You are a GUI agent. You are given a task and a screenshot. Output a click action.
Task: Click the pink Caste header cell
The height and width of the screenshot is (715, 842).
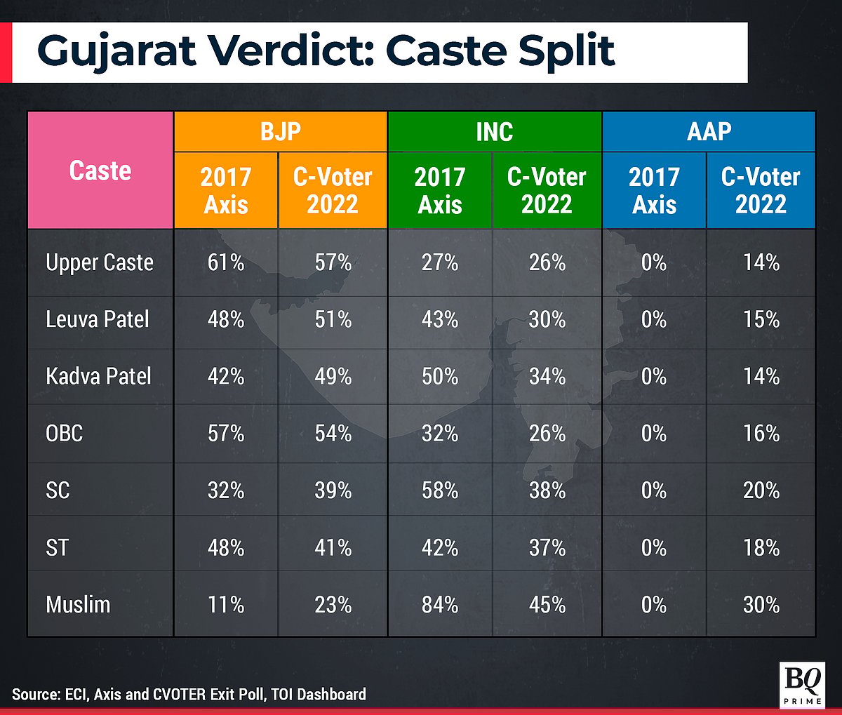[100, 171]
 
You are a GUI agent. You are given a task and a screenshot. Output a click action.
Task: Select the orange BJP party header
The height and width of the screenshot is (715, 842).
[281, 132]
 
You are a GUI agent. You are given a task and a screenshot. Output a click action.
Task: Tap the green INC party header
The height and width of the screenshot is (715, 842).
[495, 132]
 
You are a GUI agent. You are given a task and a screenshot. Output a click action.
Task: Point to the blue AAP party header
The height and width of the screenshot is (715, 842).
[709, 132]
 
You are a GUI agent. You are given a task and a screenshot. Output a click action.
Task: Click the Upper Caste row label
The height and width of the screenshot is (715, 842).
[100, 262]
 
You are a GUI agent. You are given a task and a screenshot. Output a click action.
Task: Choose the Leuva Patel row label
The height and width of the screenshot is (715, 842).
[98, 319]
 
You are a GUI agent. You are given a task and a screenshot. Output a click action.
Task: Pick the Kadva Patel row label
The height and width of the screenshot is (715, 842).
[98, 376]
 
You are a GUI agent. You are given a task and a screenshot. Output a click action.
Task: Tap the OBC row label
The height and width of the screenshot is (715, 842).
[65, 433]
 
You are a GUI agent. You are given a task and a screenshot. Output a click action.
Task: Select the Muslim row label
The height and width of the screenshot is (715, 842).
[78, 604]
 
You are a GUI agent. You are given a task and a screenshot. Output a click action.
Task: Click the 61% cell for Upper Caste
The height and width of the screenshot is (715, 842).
[226, 262]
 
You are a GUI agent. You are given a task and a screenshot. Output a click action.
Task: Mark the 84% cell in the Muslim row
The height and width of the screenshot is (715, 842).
[440, 604]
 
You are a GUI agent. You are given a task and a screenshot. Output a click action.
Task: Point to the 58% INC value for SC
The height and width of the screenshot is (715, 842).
[440, 490]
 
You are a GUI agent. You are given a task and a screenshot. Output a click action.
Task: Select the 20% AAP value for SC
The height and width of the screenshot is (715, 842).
[761, 490]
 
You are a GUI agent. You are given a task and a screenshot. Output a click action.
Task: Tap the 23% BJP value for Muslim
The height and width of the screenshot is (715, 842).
[333, 604]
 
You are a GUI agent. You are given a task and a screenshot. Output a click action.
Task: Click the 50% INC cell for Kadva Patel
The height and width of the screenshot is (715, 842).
[440, 376]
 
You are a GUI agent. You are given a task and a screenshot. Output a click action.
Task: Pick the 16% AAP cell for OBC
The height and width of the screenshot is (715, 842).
[761, 433]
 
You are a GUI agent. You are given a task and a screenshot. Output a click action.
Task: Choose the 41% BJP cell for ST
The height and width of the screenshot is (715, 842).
[333, 547]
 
